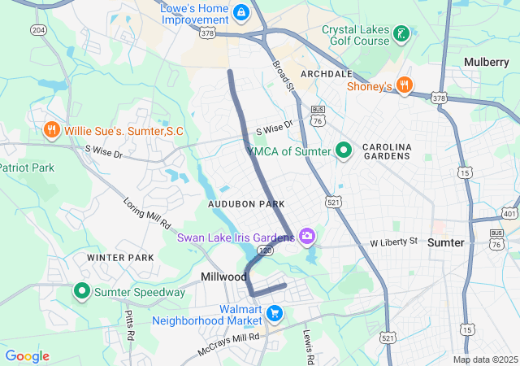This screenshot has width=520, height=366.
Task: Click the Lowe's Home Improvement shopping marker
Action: [241, 13]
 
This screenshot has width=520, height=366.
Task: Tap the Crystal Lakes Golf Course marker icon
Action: [400, 33]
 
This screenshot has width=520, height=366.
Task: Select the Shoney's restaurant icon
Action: [405, 86]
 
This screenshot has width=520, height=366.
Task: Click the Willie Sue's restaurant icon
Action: [51, 130]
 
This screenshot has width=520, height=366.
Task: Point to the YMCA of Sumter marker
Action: [344, 150]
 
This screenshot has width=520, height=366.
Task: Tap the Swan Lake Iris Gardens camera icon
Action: [307, 237]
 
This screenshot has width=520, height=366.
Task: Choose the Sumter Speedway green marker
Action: [82, 291]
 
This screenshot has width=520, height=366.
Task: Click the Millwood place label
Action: [223, 277]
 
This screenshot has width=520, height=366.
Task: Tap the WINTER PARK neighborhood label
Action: [120, 258]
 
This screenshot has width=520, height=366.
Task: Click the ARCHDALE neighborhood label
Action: [326, 74]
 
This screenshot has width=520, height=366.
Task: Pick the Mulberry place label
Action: [486, 62]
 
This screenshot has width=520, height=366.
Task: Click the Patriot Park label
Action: [26, 167]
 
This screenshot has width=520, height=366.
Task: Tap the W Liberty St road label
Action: [393, 242]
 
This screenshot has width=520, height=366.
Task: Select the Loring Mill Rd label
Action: [147, 212]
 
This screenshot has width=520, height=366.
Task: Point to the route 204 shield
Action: [39, 30]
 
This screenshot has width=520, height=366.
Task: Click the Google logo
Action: [27, 356]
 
